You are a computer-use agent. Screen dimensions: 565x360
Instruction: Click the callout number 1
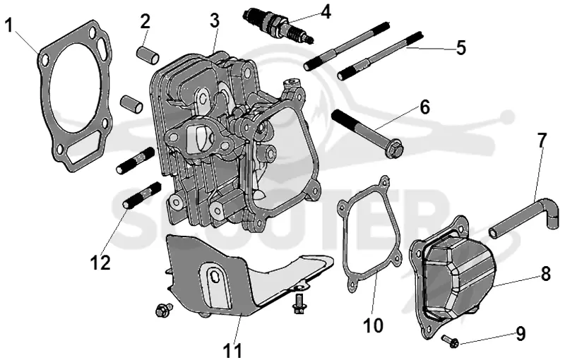coord(9,25)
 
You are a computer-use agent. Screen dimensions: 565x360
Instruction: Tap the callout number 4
coord(326,11)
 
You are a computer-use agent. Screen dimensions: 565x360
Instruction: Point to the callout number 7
coord(542,140)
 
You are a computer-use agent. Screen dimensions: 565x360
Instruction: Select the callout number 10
coord(373,325)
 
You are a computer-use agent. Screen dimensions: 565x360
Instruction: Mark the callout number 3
coord(215,20)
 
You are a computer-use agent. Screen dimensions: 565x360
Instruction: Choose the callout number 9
coord(521,334)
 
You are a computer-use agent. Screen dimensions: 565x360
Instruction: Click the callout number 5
coord(461,48)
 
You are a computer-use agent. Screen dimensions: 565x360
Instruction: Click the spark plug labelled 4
coord(278,25)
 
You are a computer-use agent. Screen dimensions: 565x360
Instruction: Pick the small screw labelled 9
coord(451,341)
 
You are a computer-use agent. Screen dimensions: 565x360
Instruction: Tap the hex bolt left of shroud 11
coord(164,310)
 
